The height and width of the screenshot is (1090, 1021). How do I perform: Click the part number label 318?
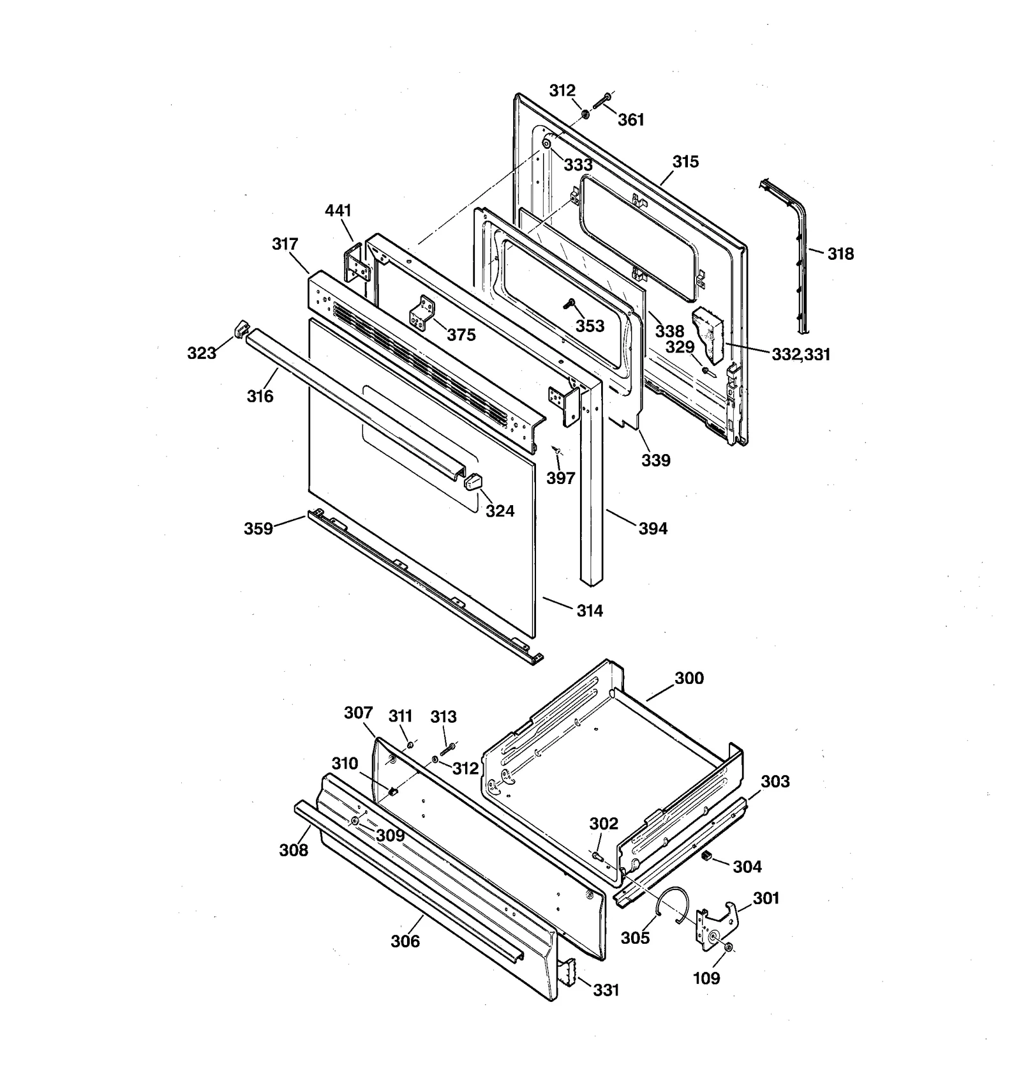pyautogui.click(x=840, y=254)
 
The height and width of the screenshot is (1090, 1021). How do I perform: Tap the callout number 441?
pyautogui.click(x=338, y=211)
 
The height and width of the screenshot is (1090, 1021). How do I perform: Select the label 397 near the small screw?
pyautogui.click(x=560, y=478)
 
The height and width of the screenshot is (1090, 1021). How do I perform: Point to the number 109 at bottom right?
pyautogui.click(x=706, y=978)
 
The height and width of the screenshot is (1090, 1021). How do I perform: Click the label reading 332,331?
pyautogui.click(x=801, y=354)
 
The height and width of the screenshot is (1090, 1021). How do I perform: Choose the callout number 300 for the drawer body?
pyautogui.click(x=689, y=678)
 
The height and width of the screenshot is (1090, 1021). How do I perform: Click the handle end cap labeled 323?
pyautogui.click(x=241, y=329)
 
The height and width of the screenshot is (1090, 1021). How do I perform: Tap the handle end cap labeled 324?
pyautogui.click(x=472, y=481)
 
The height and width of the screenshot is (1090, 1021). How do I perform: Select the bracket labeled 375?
pyautogui.click(x=422, y=313)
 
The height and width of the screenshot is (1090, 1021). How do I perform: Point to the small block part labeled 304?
pyautogui.click(x=706, y=856)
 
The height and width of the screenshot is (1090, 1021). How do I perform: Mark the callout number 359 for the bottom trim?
pyautogui.click(x=258, y=529)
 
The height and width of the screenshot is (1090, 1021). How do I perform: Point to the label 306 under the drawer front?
pyautogui.click(x=405, y=941)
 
